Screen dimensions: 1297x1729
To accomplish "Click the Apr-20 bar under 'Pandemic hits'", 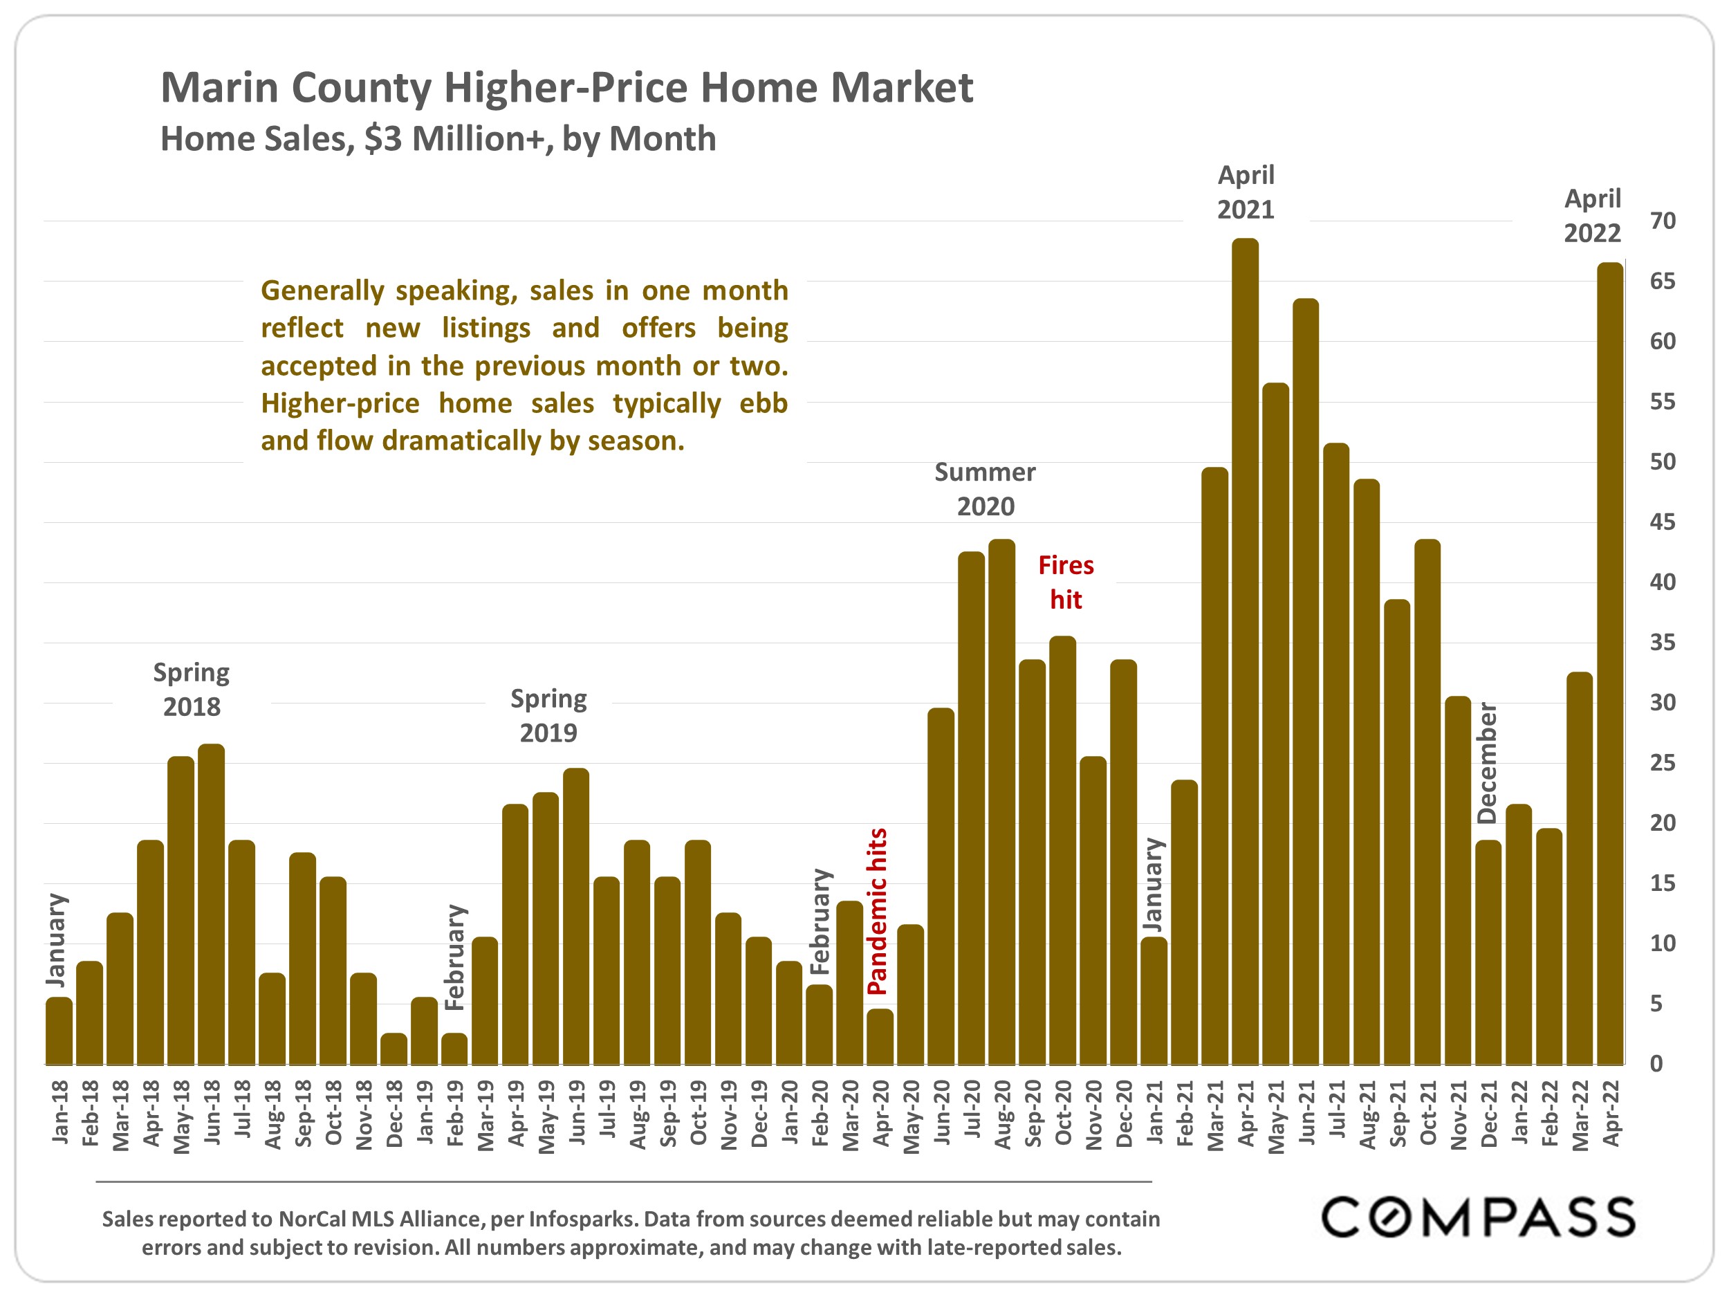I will pos(880,1037).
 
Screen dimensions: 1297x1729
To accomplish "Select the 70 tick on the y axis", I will pos(1663,221).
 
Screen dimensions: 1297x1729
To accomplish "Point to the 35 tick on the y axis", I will pos(1663,643).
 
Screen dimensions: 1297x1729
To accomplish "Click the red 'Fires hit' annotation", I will pos(1065,582).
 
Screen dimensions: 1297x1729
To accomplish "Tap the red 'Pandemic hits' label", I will pos(878,911).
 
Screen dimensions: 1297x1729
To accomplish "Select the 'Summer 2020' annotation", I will pos(985,490).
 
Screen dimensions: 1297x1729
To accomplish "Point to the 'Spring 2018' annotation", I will pos(192,690).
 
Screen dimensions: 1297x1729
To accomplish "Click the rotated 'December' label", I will pos(1487,763).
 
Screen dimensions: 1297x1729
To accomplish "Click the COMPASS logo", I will pos(1478,1217).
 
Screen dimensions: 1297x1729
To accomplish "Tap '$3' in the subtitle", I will pos(383,139).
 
